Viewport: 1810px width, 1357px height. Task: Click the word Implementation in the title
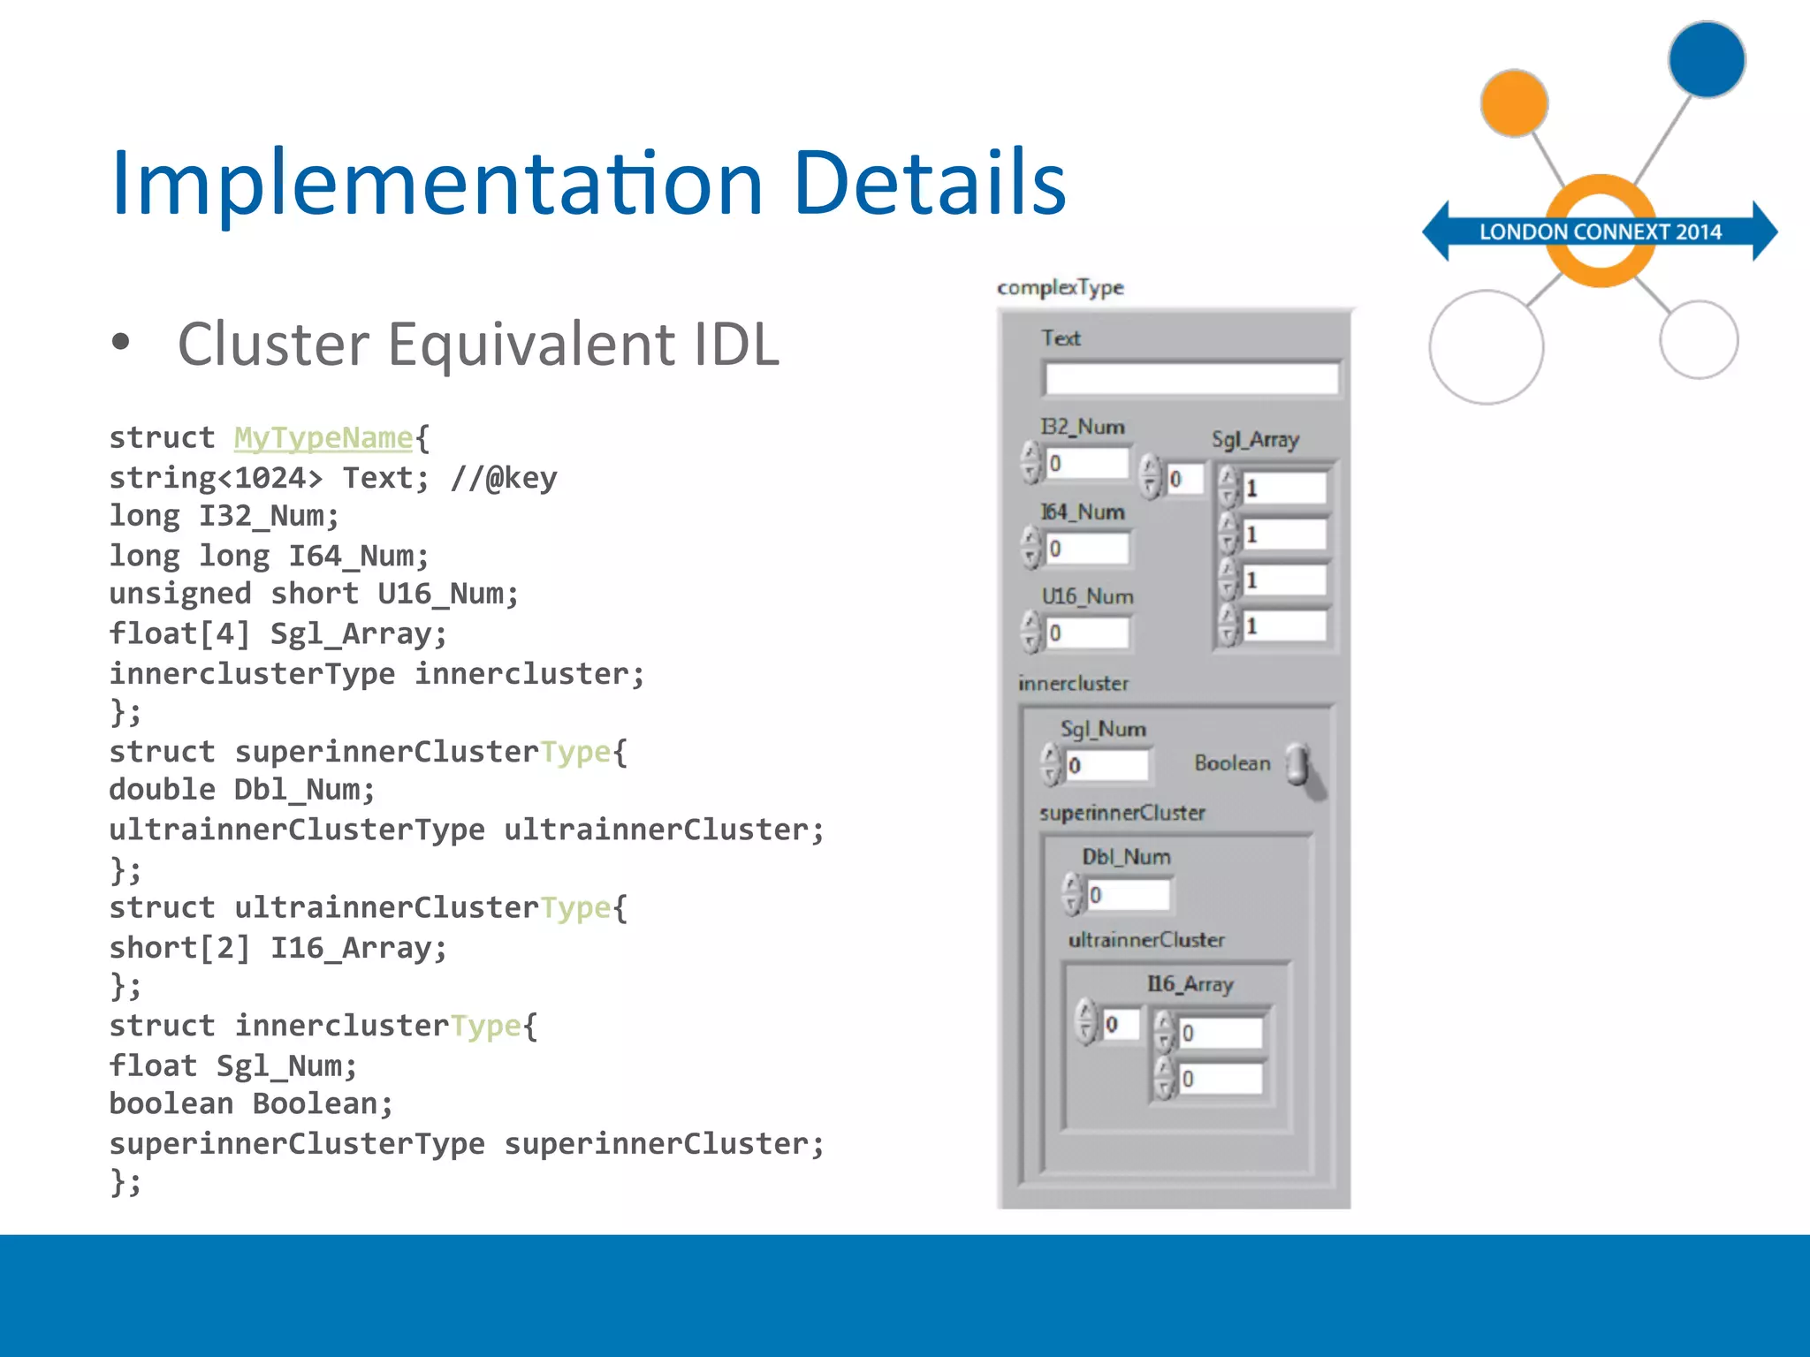coord(437,183)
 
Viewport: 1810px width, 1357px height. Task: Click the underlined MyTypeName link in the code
coord(323,438)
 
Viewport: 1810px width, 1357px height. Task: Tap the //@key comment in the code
coord(504,478)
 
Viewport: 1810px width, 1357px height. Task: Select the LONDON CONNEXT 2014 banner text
coord(1600,232)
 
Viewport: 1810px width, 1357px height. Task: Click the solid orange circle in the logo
coord(1514,103)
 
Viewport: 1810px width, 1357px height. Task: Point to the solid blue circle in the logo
coord(1706,59)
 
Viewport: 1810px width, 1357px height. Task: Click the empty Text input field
coord(1191,379)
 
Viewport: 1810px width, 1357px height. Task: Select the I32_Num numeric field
coord(1088,464)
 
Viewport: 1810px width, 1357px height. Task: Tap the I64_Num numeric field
coord(1088,549)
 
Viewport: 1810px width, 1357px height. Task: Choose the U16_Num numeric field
coord(1088,633)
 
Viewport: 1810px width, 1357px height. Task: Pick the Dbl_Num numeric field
coord(1129,895)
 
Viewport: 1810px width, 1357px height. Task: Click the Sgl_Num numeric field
coord(1107,765)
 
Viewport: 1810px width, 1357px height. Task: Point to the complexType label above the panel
coord(1060,288)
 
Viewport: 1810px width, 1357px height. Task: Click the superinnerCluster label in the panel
coord(1122,813)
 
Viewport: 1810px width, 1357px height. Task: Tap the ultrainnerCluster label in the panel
coord(1146,940)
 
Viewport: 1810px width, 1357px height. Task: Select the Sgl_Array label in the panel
coord(1255,440)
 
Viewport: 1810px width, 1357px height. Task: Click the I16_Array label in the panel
coord(1190,984)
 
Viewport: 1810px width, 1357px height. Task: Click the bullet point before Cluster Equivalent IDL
coord(121,343)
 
